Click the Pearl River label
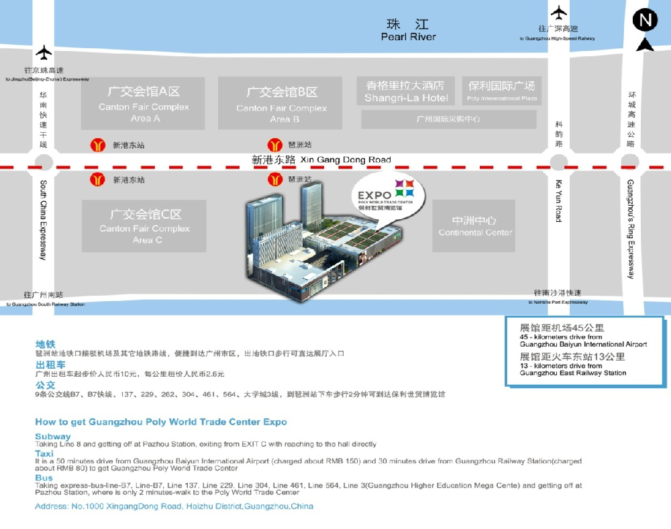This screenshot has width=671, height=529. (x=408, y=37)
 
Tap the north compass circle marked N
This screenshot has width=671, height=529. (x=645, y=21)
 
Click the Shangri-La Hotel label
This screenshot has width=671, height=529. (x=406, y=98)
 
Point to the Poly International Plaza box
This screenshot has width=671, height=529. (x=502, y=91)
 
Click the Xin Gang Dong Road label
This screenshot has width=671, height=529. (x=346, y=160)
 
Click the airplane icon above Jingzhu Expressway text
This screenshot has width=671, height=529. (x=44, y=52)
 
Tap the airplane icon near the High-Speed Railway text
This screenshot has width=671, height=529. (x=558, y=12)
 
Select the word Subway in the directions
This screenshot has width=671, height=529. (x=52, y=436)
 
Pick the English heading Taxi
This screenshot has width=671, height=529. (x=44, y=454)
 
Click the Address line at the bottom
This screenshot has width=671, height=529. (x=174, y=506)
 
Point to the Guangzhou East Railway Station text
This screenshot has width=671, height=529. (x=573, y=373)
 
